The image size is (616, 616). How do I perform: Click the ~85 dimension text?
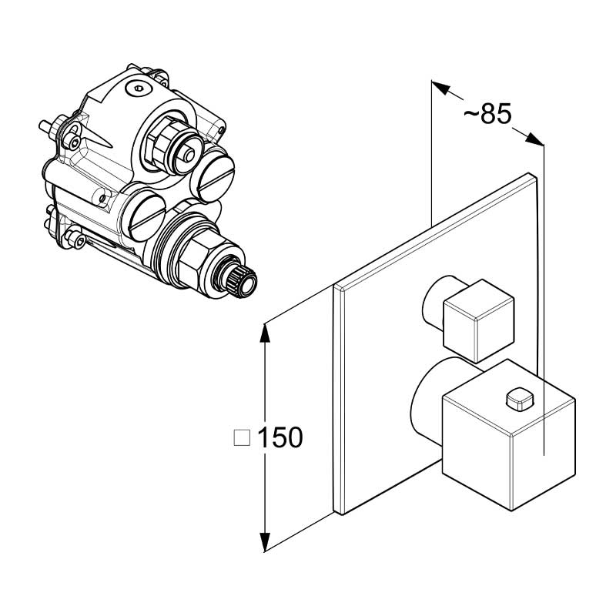487,114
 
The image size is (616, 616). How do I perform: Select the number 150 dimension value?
280,437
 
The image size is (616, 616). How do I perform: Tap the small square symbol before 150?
242,437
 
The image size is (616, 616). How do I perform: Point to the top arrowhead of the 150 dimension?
266,333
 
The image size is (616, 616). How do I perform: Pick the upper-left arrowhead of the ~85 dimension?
440,88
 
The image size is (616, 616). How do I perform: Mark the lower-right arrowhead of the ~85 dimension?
535,139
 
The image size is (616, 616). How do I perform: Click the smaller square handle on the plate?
478,321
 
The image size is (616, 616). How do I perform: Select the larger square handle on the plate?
509,434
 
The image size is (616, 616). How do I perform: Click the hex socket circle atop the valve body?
138,89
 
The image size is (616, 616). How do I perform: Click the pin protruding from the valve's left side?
45,126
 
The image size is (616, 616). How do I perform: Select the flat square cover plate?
435,344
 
